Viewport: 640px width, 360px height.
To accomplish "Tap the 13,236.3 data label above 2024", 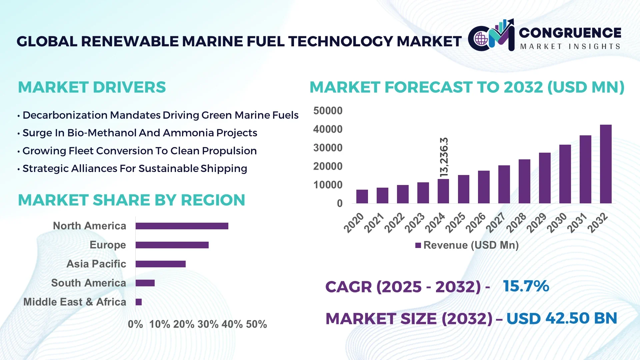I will tap(444, 157).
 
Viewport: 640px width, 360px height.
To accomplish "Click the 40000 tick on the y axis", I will tap(328, 129).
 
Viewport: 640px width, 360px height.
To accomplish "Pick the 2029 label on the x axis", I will tap(536, 222).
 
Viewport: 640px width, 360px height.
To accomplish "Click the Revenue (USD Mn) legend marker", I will tap(418, 245).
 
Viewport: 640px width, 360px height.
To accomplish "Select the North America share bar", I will tap(182, 226).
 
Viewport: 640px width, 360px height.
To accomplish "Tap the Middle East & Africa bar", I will tap(139, 302).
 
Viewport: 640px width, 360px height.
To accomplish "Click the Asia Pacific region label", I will tap(96, 264).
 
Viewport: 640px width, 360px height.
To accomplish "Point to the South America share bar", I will tap(145, 283).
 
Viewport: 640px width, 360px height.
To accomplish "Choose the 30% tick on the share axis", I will tap(208, 324).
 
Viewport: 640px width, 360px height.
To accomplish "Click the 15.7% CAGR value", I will tap(526, 286).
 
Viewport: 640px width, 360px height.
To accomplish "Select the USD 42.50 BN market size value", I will tap(561, 318).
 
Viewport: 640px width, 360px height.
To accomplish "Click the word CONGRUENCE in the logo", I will tap(570, 33).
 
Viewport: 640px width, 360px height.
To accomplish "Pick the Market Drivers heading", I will tap(92, 87).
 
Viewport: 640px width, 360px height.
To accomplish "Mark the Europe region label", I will tap(108, 245).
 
